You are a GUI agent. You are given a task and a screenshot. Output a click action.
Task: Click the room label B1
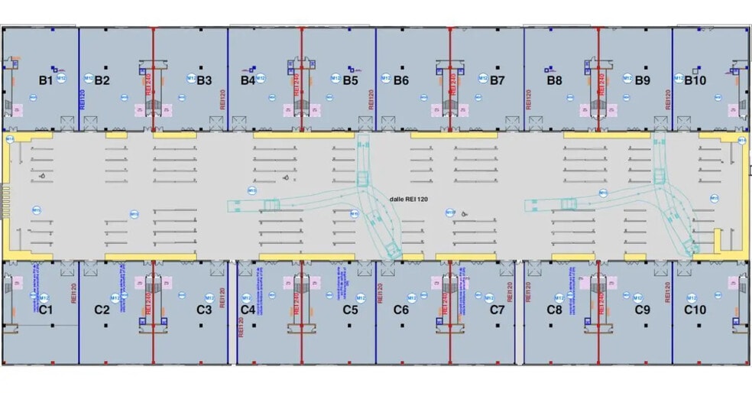tap(45, 80)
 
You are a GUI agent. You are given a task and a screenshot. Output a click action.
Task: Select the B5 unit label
tap(350, 80)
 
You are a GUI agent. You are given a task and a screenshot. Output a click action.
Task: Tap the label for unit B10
tap(695, 80)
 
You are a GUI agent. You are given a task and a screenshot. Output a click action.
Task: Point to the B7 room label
tap(498, 80)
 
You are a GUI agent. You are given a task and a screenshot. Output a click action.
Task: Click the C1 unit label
tap(45, 310)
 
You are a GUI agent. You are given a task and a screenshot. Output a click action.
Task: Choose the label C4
tap(248, 310)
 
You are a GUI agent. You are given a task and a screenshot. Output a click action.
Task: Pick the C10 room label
tap(695, 310)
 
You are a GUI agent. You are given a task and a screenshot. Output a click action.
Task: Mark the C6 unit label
tap(401, 310)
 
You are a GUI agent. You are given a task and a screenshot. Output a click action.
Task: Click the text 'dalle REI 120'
tap(410, 199)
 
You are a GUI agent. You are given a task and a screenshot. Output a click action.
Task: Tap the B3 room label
tap(204, 80)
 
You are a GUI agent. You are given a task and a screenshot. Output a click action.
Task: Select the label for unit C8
tap(555, 310)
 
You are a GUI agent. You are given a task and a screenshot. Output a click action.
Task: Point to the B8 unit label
tap(555, 80)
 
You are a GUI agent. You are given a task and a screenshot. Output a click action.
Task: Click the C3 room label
tap(204, 310)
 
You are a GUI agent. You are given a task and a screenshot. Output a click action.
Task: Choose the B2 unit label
tap(102, 80)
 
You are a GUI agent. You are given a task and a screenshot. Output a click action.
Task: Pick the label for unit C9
tap(642, 310)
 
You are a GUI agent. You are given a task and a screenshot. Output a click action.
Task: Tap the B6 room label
tap(401, 80)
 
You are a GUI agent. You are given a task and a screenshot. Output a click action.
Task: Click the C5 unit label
tap(350, 310)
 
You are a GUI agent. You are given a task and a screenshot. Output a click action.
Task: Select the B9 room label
tap(642, 80)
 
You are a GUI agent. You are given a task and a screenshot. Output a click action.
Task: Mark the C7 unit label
tap(498, 310)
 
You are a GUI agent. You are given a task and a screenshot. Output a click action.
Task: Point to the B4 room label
tap(248, 80)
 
